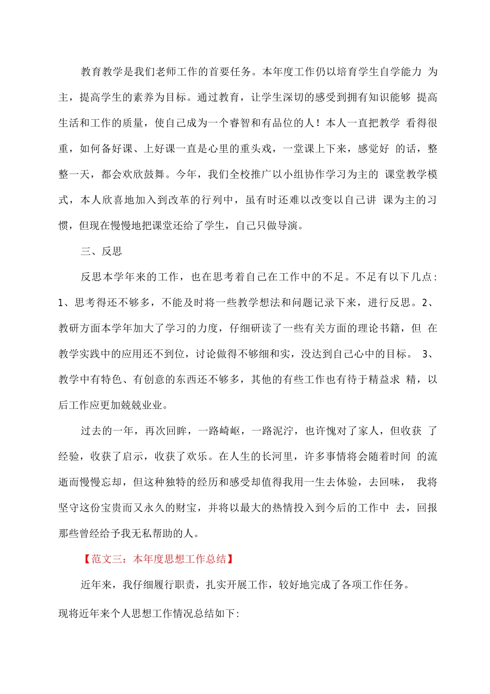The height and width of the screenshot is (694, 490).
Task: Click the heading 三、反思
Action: click(102, 251)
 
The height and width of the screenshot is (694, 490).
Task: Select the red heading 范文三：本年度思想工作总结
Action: click(158, 559)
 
